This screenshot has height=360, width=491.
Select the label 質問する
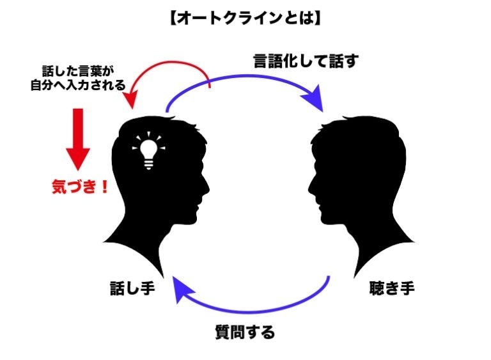coord(244,332)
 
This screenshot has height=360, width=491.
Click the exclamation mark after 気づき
coord(103,188)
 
